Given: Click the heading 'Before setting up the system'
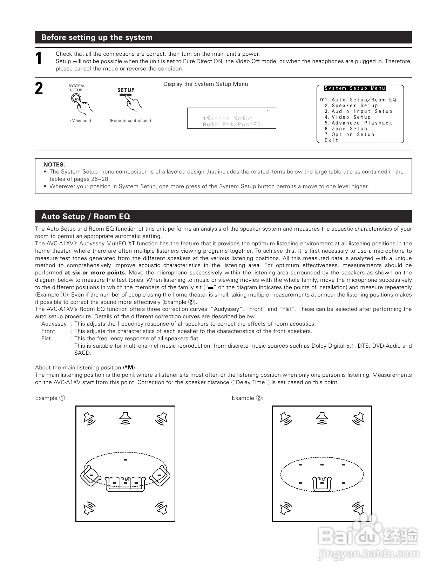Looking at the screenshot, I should pos(97,38).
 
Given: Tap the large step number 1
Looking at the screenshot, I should pos(39,59).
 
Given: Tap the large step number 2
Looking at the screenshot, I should pos(39,89).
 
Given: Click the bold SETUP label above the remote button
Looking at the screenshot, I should pos(126,90).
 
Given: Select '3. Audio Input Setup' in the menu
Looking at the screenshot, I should pos(358,111).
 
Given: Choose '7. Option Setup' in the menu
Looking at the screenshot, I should pos(349,135).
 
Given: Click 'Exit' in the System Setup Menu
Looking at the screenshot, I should pos(331,140).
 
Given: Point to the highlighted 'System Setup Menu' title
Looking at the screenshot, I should pos(354,88).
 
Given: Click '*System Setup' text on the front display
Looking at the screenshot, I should pos(228,118).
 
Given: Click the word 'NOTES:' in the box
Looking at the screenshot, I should pos(54,164).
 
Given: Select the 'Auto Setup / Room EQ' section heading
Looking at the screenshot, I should pos(86,217).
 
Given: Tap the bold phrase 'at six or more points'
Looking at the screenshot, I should pos(95,273).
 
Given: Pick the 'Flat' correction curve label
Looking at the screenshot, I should pos(46,339).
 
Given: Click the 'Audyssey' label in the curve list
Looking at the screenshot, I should pos(54,324).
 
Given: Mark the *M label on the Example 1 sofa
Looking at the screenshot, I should pos(125,479).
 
